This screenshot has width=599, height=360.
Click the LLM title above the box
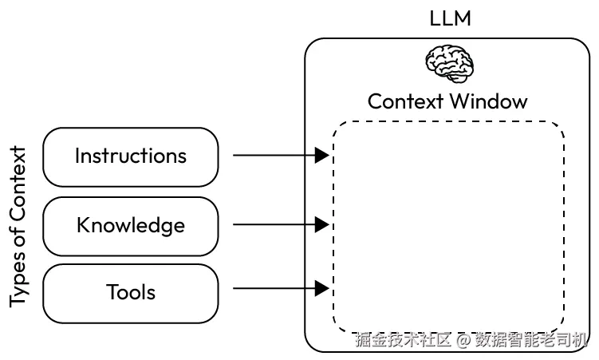(450, 18)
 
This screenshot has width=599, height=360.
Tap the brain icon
(449, 62)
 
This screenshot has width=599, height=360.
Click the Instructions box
(130, 156)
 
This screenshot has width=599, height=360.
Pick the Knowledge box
(130, 225)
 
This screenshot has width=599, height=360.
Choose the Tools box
(130, 292)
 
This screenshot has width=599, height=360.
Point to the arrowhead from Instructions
(322, 156)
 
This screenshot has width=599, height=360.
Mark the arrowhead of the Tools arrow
(322, 287)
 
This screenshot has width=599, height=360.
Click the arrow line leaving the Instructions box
(271, 156)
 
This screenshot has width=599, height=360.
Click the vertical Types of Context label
(18, 227)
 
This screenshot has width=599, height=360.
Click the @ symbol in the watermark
(463, 341)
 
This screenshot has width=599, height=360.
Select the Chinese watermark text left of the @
(404, 341)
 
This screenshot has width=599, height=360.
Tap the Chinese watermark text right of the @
(530, 341)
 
